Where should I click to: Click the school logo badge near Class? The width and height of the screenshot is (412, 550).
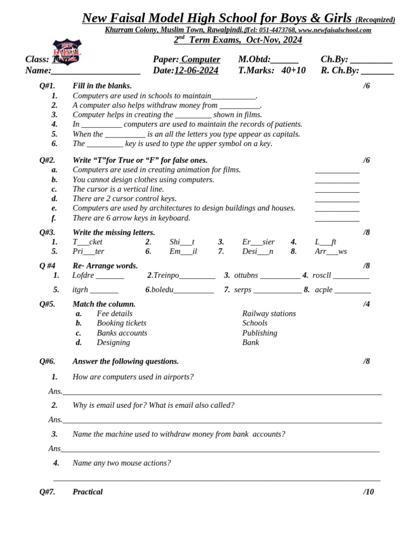click(67, 52)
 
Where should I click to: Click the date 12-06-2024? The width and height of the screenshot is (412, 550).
click(196, 70)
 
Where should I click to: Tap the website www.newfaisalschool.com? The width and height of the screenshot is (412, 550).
click(335, 30)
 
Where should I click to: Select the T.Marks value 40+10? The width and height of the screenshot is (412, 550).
click(293, 70)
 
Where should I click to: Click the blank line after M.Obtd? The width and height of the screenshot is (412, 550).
click(285, 60)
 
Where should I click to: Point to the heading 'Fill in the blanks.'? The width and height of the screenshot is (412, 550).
click(102, 86)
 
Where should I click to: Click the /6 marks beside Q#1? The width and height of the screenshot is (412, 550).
click(366, 86)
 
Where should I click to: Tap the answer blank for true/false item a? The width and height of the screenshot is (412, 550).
click(337, 171)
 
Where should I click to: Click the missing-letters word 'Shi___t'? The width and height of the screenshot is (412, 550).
click(182, 242)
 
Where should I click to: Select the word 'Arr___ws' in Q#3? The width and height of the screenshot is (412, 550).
click(330, 251)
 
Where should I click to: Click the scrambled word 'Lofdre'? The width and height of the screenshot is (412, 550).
click(83, 276)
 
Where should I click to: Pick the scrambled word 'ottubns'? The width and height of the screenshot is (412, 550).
click(246, 276)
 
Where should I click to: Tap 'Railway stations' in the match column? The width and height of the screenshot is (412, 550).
click(269, 314)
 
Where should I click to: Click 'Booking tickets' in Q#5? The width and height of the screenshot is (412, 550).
click(121, 323)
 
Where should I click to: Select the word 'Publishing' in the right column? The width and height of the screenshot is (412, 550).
click(260, 333)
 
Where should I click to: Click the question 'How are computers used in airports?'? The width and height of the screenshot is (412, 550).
click(133, 377)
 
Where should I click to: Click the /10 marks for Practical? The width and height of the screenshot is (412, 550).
click(369, 492)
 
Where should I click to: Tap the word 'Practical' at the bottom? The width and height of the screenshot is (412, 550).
click(87, 492)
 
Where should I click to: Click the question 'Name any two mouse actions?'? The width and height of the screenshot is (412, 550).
click(122, 463)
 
